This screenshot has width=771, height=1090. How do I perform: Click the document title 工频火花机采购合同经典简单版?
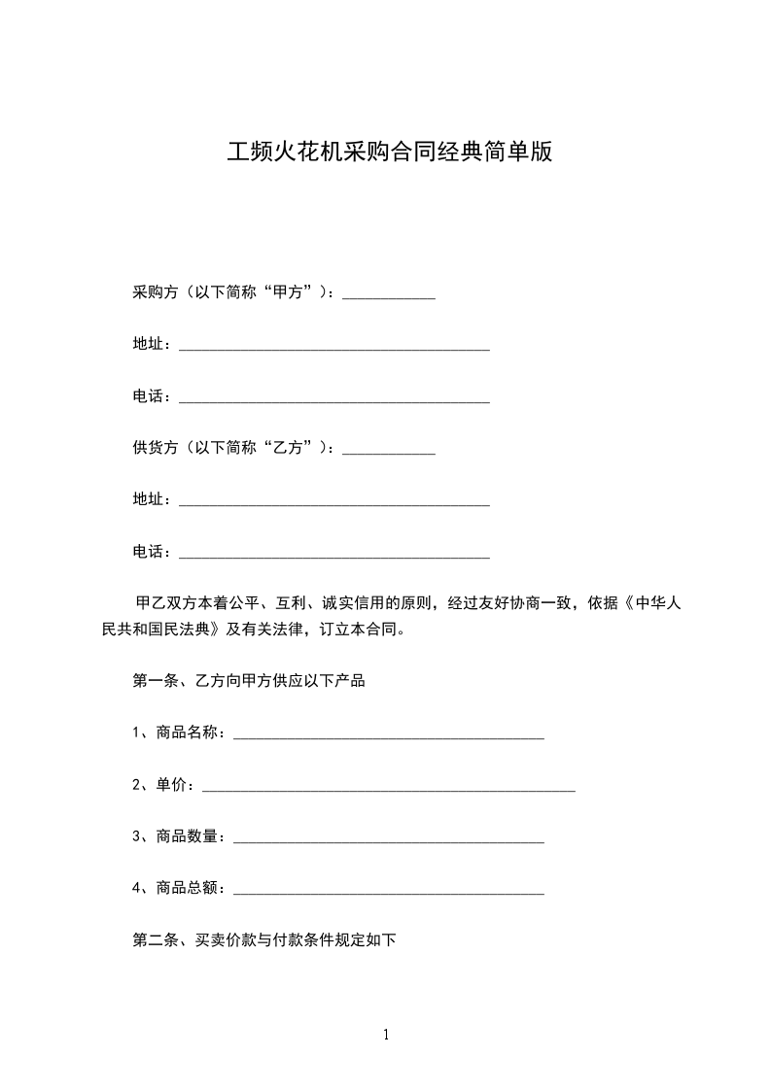(389, 153)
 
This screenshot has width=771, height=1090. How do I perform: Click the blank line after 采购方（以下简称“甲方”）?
(389, 294)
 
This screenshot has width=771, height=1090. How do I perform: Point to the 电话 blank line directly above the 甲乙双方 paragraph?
(334, 554)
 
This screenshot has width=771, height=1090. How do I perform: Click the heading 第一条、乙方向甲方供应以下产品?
(248, 680)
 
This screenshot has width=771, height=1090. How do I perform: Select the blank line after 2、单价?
(388, 787)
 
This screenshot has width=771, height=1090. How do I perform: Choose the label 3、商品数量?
(179, 835)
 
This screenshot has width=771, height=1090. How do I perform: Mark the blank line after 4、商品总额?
(389, 890)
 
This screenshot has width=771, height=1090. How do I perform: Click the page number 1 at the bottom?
(386, 1035)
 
